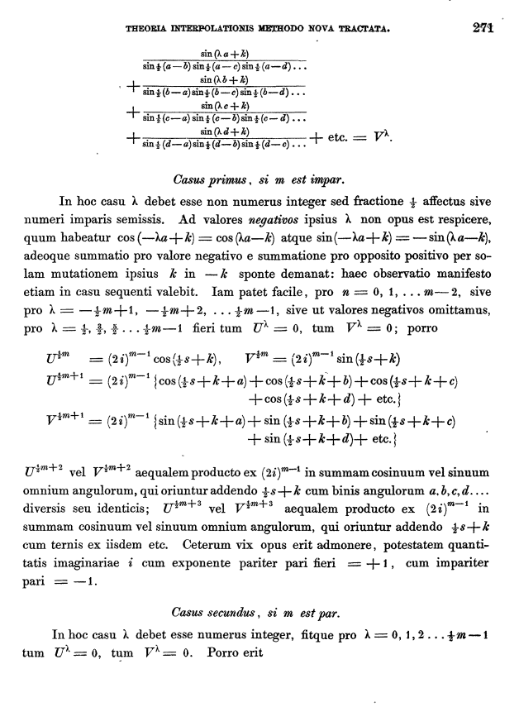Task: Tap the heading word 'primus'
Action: [222, 179]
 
